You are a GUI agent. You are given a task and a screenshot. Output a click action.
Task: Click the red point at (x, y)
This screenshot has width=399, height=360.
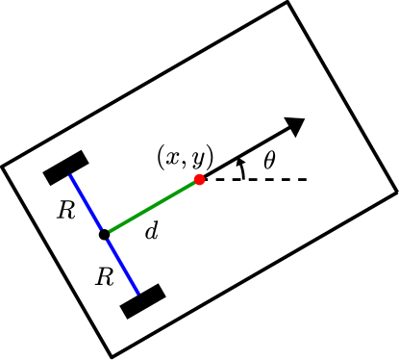[200, 180]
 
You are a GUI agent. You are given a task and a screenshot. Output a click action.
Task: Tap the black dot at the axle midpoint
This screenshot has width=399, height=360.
[104, 234]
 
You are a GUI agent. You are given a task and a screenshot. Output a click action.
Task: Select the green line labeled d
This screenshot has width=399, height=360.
[152, 207]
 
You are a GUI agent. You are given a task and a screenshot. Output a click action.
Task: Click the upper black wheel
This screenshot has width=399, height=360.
[66, 167]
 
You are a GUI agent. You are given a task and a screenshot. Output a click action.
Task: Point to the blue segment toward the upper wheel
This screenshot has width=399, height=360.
[86, 202]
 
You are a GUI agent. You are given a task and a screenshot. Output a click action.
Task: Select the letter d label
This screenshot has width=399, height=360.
[150, 231]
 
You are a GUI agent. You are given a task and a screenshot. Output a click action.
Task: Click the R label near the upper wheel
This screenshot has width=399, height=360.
[65, 211]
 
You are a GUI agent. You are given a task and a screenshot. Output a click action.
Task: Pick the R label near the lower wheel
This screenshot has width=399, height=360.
[104, 277]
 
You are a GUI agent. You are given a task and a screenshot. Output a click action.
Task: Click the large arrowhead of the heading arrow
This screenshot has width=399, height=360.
[295, 125]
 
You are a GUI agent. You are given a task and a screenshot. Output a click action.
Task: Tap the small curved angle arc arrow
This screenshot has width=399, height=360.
[241, 168]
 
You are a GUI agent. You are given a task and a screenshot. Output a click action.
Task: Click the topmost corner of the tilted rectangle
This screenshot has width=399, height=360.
[287, 3]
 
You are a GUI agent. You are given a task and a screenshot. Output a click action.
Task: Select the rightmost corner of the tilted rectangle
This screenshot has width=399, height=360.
[396, 192]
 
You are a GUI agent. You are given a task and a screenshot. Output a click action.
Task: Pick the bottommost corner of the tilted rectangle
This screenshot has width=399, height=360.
[112, 357]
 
